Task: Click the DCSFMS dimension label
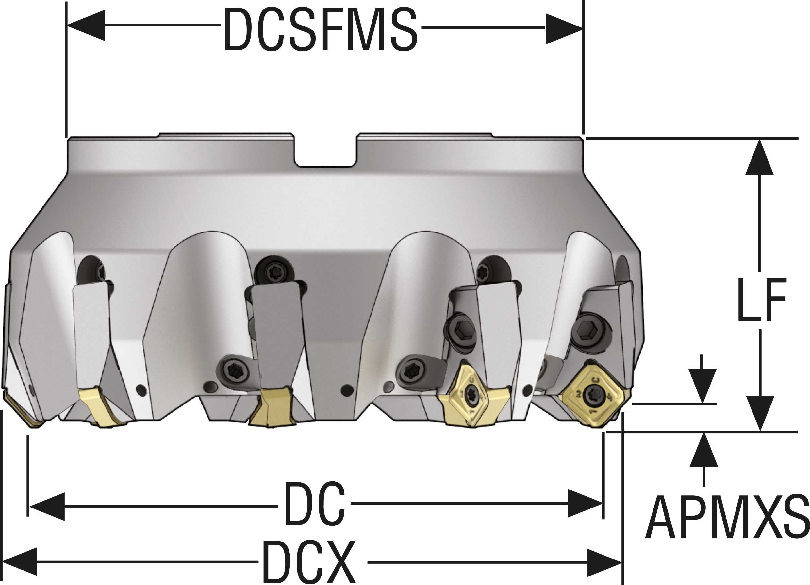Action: click(x=320, y=29)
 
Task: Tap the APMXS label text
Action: click(x=727, y=517)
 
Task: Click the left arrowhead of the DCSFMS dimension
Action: click(x=86, y=26)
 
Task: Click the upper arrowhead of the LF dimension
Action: click(x=759, y=157)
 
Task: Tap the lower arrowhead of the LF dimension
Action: click(x=760, y=413)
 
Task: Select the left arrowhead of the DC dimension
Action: click(x=47, y=507)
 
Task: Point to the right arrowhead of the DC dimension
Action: click(x=585, y=503)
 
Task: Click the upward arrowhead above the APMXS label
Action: click(x=703, y=450)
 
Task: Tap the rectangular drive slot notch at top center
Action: click(x=325, y=151)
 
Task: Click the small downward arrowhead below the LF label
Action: click(x=702, y=386)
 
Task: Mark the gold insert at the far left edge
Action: click(x=22, y=411)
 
